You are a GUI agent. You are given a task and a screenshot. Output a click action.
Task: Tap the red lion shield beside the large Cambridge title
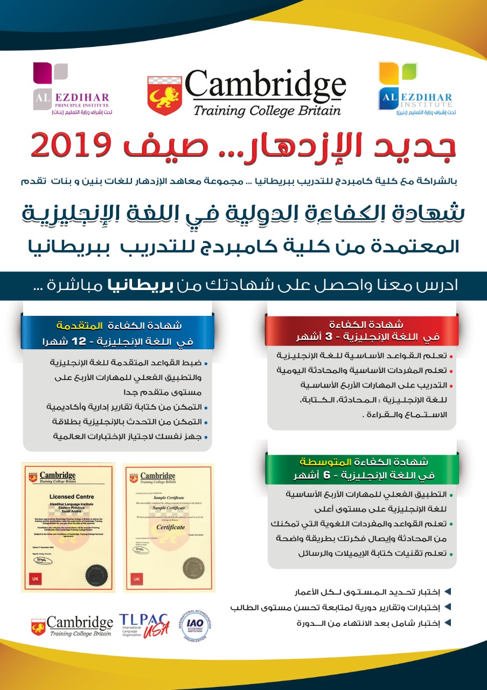(165, 95)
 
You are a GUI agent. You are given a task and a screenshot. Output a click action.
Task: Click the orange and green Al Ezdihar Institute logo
(416, 89)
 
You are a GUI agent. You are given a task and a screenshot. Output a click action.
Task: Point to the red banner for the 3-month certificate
(361, 330)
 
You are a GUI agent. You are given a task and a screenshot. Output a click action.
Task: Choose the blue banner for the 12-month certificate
(118, 334)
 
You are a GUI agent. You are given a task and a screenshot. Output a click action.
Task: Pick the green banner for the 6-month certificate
(362, 469)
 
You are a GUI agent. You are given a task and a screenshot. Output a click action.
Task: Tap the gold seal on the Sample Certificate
(193, 569)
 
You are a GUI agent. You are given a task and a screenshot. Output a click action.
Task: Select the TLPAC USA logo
(144, 625)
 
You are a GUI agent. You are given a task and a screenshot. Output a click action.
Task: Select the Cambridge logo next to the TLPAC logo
(72, 626)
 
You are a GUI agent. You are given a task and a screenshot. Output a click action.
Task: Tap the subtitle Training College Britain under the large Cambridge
(267, 111)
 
